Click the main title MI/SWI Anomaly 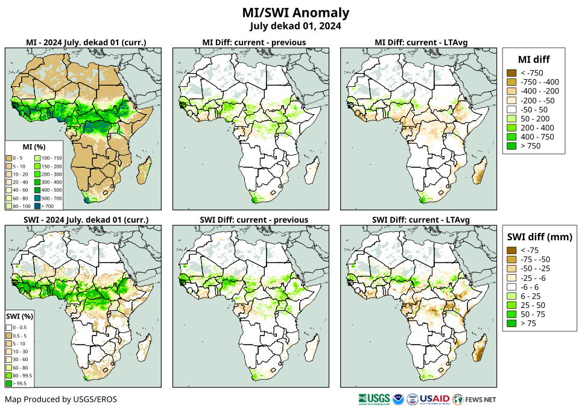[x=296, y=13]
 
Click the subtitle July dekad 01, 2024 [x=296, y=26]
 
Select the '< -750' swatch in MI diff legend [x=511, y=73]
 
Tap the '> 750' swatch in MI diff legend [x=511, y=146]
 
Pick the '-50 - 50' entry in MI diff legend [x=511, y=110]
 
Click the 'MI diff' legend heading [x=534, y=59]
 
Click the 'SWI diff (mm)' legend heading [x=539, y=236]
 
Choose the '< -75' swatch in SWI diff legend [x=511, y=250]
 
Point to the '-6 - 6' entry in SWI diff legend [x=511, y=287]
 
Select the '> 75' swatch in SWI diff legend [x=511, y=323]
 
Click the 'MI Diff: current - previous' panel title [x=253, y=42]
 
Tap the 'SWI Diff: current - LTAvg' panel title [x=421, y=219]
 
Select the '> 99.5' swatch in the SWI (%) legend [x=10, y=383]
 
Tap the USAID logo [x=434, y=399]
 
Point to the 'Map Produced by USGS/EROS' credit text [x=61, y=400]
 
